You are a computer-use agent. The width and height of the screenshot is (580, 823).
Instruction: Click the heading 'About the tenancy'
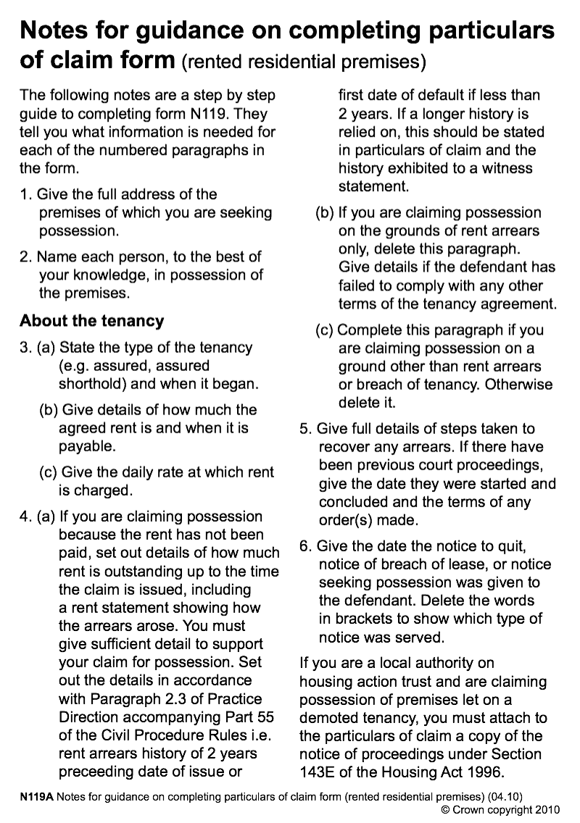pos(92,320)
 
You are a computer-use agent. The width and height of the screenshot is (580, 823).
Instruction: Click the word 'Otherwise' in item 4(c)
pos(518,384)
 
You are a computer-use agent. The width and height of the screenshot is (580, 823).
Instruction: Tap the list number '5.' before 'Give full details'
pos(306,429)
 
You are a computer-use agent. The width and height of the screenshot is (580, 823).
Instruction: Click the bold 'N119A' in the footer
pos(36,796)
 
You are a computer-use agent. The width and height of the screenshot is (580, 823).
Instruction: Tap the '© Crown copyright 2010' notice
pos(501,809)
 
